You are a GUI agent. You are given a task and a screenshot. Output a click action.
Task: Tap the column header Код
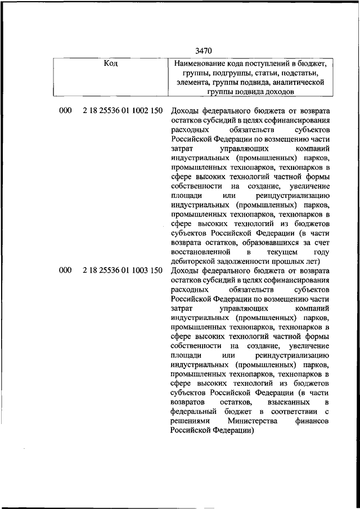point(111,64)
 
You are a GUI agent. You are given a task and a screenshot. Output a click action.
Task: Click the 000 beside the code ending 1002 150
point(65,111)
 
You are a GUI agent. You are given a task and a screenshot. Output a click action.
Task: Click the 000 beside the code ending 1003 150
point(65,271)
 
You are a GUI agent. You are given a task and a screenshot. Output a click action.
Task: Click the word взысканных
point(283,403)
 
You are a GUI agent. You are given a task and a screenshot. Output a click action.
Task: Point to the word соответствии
point(292,412)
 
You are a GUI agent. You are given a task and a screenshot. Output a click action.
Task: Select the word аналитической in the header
point(297,82)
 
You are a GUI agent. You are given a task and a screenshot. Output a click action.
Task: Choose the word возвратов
point(188,403)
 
